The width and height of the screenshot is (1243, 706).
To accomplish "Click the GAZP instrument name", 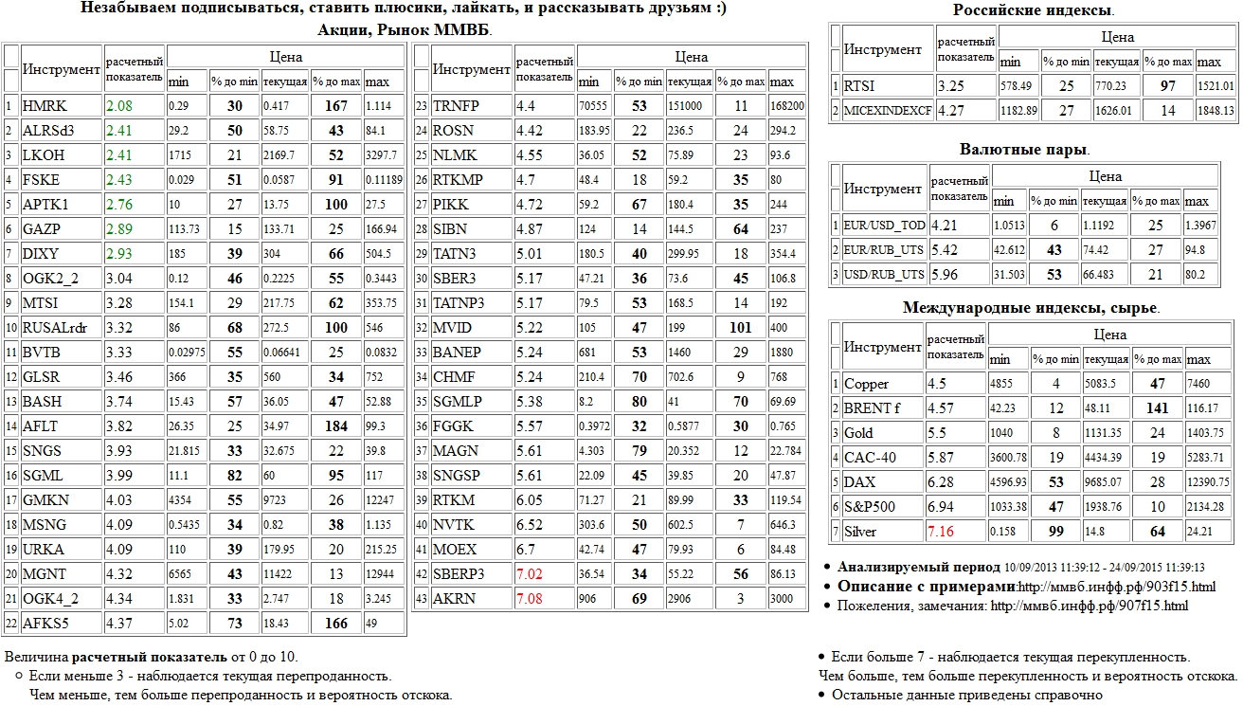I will pos(40,228).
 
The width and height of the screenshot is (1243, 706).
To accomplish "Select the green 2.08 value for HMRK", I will pos(118,105).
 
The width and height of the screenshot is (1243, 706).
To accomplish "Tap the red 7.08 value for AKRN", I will pos(530,598).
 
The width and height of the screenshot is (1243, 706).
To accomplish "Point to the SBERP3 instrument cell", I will pos(459,573).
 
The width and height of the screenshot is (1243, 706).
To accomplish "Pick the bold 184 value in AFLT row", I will pos(336,425).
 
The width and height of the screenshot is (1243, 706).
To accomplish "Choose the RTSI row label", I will pos(859,86).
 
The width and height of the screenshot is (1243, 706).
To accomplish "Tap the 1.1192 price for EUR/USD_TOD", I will pos(1105,226).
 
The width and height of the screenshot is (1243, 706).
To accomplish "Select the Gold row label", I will pos(858,433).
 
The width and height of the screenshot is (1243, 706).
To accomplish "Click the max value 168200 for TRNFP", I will pos(787,105).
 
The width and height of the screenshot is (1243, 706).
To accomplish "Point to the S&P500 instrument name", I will pos(870,507).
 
